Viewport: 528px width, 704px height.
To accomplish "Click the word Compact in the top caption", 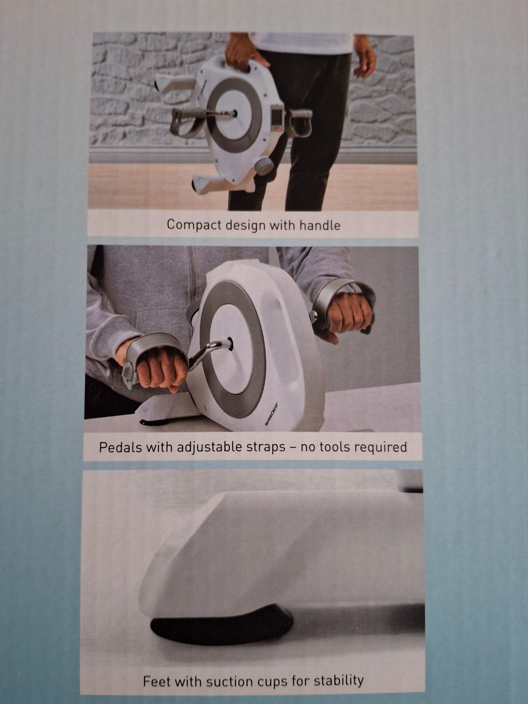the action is pyautogui.click(x=194, y=225).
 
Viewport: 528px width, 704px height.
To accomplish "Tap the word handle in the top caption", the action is pyautogui.click(x=320, y=226).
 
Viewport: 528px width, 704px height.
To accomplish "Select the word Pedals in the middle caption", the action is pyautogui.click(x=120, y=447).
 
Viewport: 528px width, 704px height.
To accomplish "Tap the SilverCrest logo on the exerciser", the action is pyautogui.click(x=271, y=414).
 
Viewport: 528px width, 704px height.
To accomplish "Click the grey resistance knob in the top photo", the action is pyautogui.click(x=263, y=166).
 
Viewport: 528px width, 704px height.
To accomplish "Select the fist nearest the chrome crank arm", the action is pyautogui.click(x=161, y=369).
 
